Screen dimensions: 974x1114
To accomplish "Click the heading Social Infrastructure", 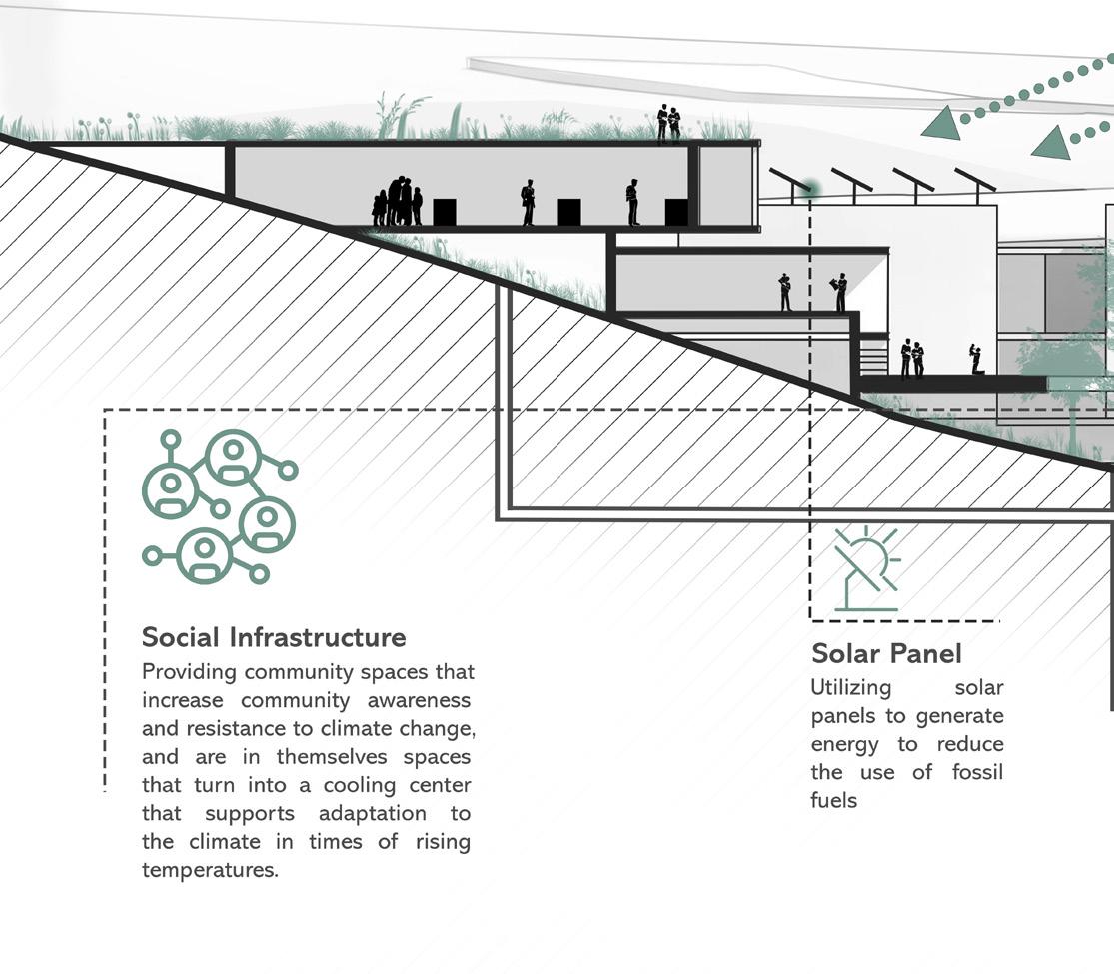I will pos(274,637).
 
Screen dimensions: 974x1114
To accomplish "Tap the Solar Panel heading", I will pos(886,654).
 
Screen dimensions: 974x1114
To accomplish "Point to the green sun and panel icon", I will pos(867,569).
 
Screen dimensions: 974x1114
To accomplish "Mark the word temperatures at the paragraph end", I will pos(210,870).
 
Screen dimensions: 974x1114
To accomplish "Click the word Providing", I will pos(189,672).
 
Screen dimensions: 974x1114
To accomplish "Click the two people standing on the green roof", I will pos(668,124).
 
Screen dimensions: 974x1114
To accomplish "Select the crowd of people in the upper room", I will pos(397,202).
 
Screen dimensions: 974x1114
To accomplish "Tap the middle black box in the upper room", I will pos(569,212).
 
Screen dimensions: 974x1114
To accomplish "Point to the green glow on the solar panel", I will pos(810,188).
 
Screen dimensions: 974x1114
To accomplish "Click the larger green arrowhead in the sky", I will pos(942,124).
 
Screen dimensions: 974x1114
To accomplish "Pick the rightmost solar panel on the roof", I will pos(974,180).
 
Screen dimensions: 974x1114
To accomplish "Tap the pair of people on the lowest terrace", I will pos(911,359).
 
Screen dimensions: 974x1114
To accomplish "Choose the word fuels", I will pos(834,800).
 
